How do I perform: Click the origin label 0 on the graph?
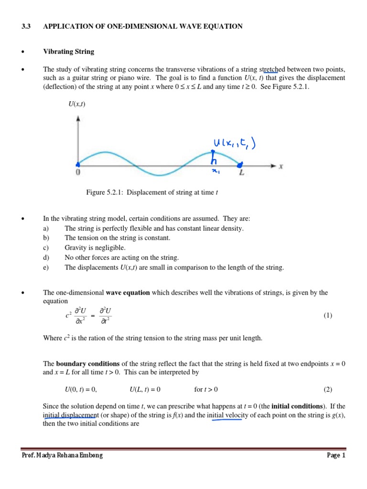(77, 173)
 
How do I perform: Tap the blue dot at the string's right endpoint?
(240, 165)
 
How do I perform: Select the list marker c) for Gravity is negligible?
(46, 248)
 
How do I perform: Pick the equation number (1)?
(327, 316)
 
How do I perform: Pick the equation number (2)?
(327, 389)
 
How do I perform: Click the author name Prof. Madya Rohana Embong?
(62, 455)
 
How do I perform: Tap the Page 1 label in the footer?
(335, 455)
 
